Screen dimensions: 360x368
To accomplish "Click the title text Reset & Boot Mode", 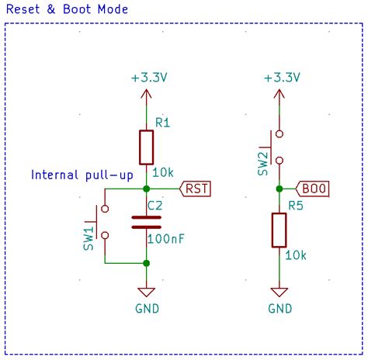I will click(x=68, y=9).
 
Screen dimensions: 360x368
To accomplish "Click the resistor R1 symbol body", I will click(x=147, y=147).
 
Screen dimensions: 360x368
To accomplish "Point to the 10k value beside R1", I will click(x=165, y=172).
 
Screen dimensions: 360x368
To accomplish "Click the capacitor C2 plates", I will click(x=147, y=223).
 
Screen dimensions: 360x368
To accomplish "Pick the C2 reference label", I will click(x=155, y=206).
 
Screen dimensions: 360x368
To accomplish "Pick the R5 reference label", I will click(x=295, y=206).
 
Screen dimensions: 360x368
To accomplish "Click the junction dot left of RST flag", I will click(x=147, y=188).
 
